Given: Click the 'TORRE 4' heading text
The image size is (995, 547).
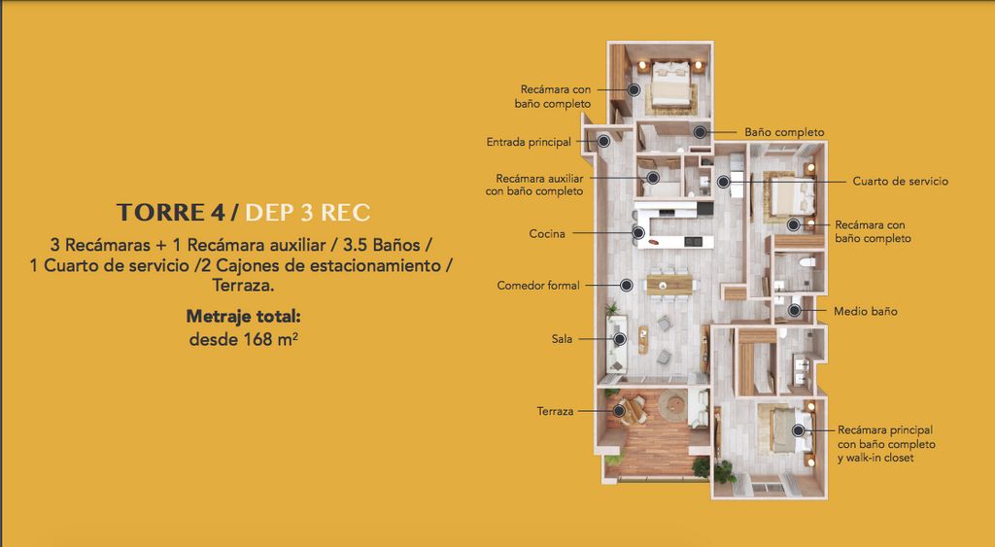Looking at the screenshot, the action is (171, 213).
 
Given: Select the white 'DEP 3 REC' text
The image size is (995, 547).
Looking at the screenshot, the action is (307, 213).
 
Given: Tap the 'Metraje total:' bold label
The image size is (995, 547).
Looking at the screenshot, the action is (243, 316).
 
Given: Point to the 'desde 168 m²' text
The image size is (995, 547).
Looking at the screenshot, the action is (244, 339).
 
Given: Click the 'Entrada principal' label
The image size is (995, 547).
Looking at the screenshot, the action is (529, 142).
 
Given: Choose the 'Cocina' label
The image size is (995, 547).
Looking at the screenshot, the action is (547, 234).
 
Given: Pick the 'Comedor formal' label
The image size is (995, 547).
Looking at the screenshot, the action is (538, 286).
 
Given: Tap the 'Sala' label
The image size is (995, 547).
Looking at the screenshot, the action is (562, 339).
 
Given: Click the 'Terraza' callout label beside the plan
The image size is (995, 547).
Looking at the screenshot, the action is (555, 411).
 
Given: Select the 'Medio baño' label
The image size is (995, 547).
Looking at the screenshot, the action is (866, 311).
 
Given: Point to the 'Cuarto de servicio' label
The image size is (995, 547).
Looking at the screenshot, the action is (901, 181).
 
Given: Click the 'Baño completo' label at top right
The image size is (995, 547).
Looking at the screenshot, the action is (784, 132).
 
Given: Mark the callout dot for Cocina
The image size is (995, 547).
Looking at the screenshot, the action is (638, 233).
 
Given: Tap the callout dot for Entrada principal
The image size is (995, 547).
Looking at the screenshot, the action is (603, 141).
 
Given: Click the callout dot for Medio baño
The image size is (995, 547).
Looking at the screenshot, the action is (795, 310).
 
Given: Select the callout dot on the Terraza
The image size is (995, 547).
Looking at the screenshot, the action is (619, 411).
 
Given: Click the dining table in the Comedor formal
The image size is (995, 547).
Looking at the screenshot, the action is (669, 284).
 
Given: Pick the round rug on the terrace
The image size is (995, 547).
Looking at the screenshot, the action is (672, 405).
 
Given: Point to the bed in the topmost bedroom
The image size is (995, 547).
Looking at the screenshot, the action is (670, 84).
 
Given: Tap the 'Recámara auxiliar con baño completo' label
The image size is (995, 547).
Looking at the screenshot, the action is (534, 185).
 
